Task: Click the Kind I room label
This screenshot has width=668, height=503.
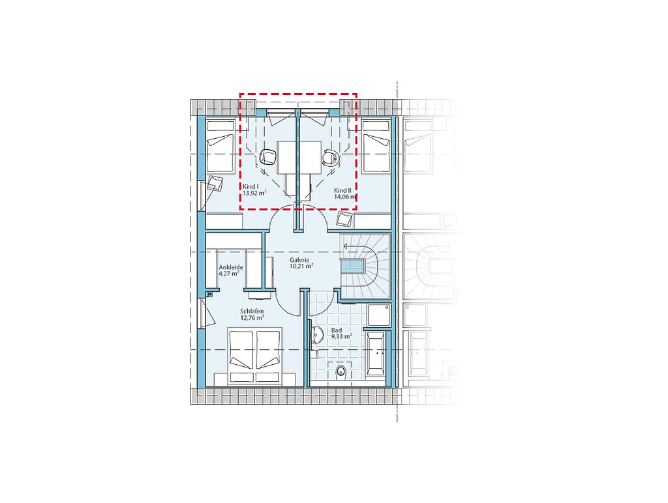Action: (250, 187)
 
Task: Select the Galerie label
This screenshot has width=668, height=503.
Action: (299, 260)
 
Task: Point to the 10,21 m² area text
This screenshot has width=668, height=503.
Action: (301, 266)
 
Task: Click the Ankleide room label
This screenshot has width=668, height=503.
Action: (230, 267)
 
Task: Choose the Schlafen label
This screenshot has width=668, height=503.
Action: (252, 311)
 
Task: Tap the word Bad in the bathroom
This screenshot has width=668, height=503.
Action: (336, 330)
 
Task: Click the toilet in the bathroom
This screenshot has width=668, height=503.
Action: (341, 371)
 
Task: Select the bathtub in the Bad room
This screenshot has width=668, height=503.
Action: (375, 353)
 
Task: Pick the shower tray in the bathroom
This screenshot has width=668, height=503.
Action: (379, 315)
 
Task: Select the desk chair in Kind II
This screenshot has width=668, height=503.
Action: (331, 157)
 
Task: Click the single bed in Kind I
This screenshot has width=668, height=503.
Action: (220, 147)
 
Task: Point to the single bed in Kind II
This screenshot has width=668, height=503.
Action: (376, 147)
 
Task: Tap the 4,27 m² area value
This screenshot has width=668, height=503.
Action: (229, 274)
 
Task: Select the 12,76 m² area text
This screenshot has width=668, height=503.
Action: (252, 317)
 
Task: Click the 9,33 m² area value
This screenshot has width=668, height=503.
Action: (342, 336)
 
